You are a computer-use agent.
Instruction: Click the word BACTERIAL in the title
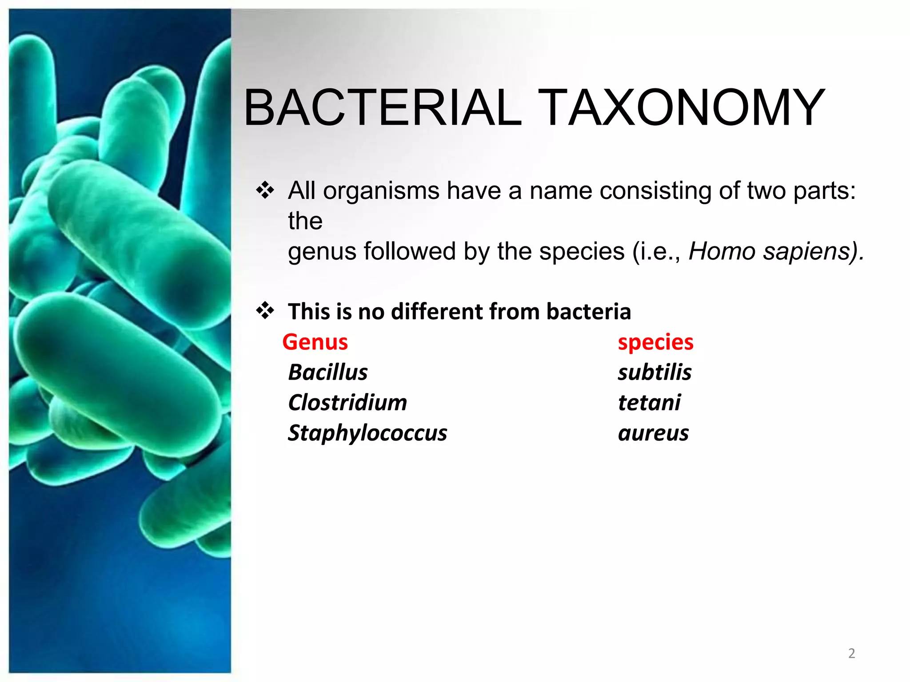point(383,108)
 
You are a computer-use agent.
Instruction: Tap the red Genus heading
point(315,342)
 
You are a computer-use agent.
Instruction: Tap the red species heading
point(655,342)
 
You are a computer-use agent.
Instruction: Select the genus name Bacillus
point(328,372)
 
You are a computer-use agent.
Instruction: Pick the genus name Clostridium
point(347,403)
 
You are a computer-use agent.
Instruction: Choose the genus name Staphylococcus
point(367,433)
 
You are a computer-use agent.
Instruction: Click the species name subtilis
point(655,372)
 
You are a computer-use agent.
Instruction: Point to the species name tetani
point(649,403)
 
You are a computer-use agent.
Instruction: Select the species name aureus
point(653,433)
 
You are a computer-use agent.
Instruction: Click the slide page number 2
point(851,653)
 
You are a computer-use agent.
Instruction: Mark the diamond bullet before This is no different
point(265,310)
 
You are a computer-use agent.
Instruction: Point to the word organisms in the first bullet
point(381,191)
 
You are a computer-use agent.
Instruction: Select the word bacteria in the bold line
point(588,311)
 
